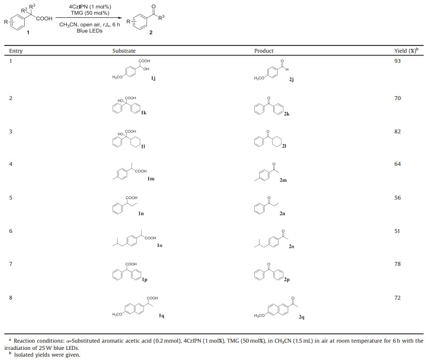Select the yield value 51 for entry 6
pos(398,230)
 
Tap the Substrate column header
pos(124,51)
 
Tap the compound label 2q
pos(301,317)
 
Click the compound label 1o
pos(159,246)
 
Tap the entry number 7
pos(11,264)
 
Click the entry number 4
pos(11,164)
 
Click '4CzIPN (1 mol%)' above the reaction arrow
pos(88,6)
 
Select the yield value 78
pos(398,264)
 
